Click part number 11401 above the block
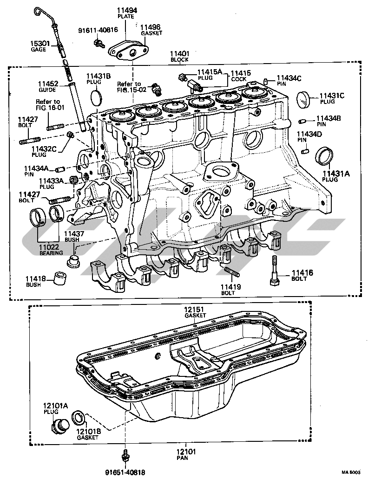coord(179,54)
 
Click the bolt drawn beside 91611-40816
coord(98,44)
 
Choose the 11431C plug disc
coord(304,99)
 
